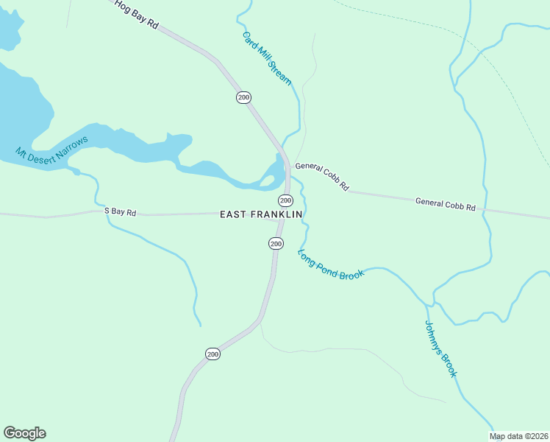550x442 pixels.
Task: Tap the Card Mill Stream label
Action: [267, 57]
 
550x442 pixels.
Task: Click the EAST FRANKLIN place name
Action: [262, 214]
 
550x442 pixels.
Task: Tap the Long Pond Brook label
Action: [331, 264]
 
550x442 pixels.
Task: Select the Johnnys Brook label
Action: [441, 349]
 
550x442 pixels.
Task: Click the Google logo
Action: [24, 433]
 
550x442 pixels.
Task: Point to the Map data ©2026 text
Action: [518, 436]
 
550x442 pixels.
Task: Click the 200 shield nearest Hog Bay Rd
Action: [243, 97]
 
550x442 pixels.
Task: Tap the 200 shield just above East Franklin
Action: [285, 200]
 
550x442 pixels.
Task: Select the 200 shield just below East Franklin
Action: [276, 244]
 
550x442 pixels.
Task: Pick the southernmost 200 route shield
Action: [213, 354]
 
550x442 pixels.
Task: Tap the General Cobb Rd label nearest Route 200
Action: [322, 178]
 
